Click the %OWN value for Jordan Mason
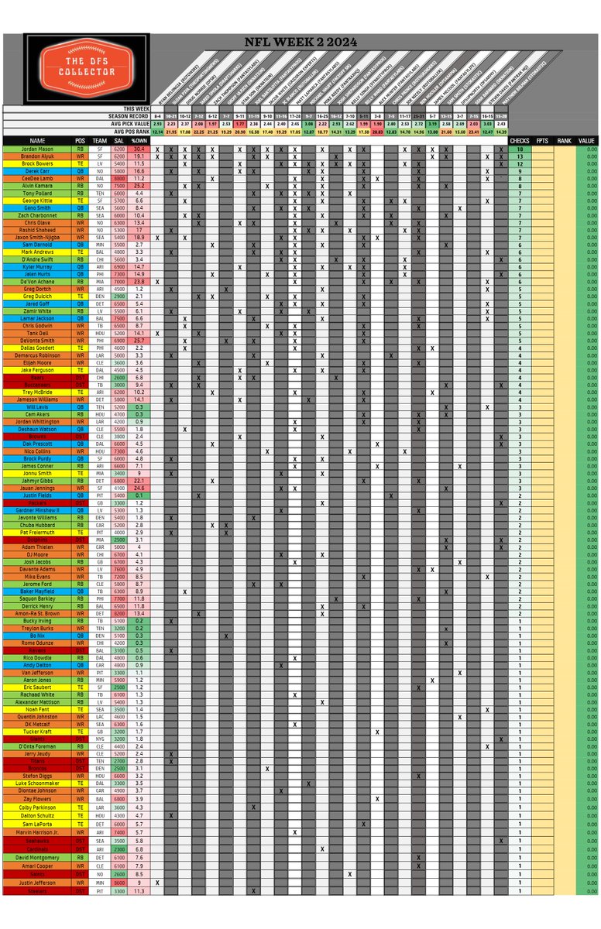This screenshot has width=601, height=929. (x=141, y=149)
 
